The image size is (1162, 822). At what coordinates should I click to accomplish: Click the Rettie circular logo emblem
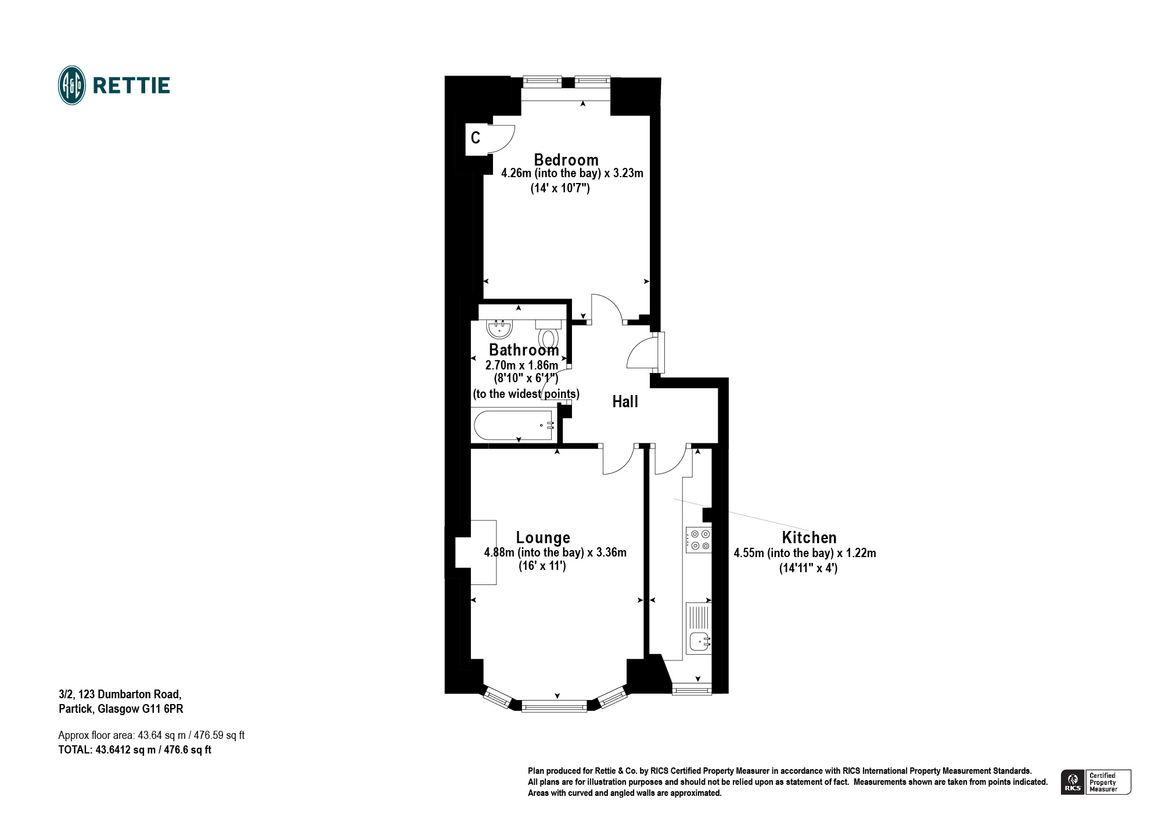(72, 85)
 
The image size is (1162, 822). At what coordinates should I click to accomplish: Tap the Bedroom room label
(566, 160)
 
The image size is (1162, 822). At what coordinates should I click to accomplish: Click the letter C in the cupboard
(476, 138)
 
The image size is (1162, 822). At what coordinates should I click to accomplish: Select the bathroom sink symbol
(499, 329)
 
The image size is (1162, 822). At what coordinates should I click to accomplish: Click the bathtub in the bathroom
(513, 425)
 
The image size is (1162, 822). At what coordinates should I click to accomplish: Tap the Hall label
(625, 401)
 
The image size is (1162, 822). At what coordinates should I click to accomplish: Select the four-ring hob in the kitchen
(699, 540)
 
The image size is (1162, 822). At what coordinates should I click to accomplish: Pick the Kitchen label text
(809, 537)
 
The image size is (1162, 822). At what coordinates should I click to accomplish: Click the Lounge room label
(543, 537)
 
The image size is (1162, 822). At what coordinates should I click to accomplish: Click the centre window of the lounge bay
(554, 706)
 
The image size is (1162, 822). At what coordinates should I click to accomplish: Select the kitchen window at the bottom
(692, 690)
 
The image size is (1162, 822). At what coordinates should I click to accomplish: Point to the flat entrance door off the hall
(645, 353)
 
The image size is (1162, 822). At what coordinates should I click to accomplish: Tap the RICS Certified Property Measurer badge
(1096, 782)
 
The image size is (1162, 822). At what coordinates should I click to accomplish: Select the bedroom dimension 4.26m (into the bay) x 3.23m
(572, 173)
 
